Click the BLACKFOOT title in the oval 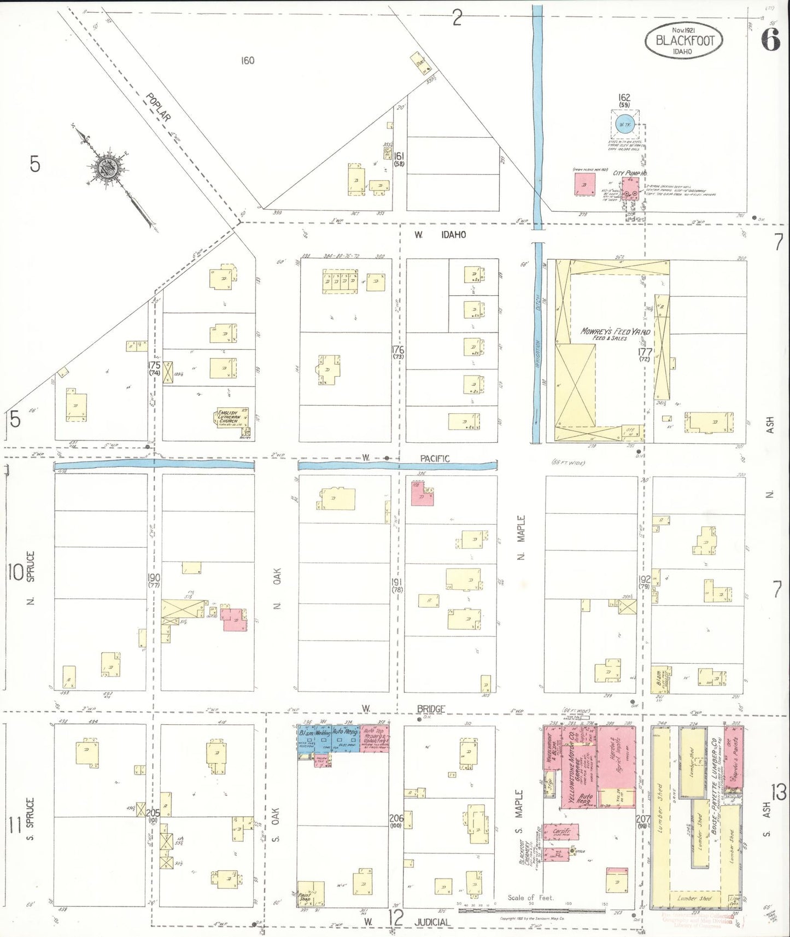point(684,40)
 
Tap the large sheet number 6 point(770,40)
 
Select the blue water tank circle point(625,125)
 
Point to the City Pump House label point(629,173)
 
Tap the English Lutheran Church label point(228,417)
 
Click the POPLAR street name point(159,107)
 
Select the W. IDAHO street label point(440,235)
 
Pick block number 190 point(154,578)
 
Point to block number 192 point(644,579)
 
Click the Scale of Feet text point(530,897)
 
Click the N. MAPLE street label point(521,537)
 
